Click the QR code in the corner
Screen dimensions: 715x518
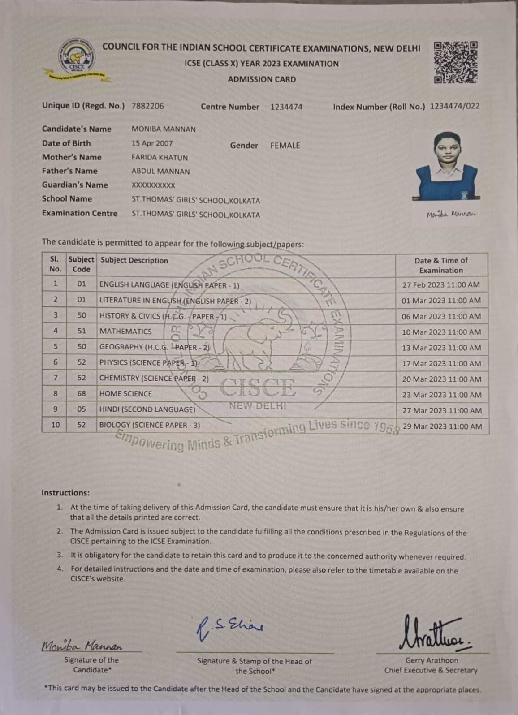tap(455, 63)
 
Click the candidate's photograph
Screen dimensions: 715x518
tap(446, 167)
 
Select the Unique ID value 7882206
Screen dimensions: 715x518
tap(148, 106)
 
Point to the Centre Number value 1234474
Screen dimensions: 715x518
tap(286, 107)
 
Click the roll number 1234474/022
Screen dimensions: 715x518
tap(455, 106)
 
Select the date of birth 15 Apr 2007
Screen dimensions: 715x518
tap(152, 143)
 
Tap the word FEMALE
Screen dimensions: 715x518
tap(285, 146)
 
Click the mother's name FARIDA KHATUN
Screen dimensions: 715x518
tap(160, 158)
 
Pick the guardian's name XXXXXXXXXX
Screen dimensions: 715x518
tap(153, 185)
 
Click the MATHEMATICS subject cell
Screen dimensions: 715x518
tap(125, 332)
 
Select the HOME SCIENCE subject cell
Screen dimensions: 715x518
tap(125, 394)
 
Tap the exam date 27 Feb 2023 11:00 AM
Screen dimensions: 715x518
tap(441, 285)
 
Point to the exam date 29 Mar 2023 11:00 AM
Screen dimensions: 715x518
tap(442, 426)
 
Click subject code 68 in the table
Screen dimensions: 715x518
tap(81, 394)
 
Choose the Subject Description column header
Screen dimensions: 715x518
tap(134, 260)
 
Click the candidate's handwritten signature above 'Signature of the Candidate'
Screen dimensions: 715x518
tap(82, 646)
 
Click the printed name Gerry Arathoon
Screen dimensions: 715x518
tap(432, 660)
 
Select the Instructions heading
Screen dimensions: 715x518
tap(65, 493)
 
